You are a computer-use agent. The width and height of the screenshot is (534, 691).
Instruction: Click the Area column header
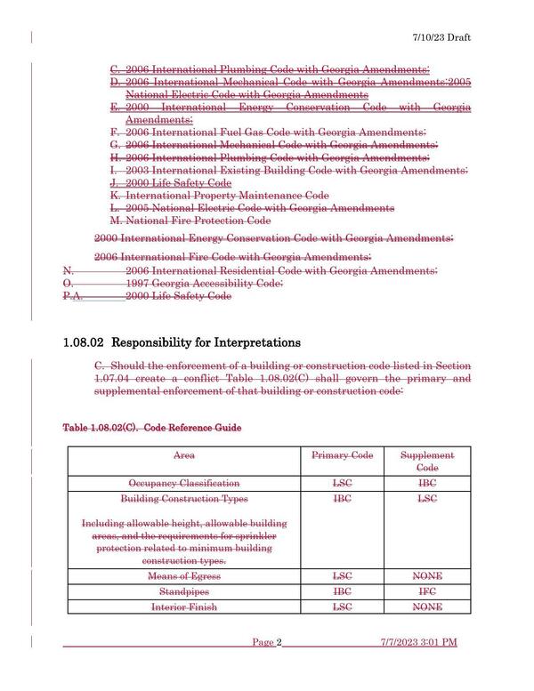click(x=184, y=455)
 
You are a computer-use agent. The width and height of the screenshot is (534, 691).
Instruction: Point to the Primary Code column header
click(x=342, y=455)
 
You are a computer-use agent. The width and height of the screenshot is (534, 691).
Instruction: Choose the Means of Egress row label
click(x=184, y=576)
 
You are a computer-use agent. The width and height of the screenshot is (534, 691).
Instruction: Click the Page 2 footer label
click(x=267, y=667)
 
